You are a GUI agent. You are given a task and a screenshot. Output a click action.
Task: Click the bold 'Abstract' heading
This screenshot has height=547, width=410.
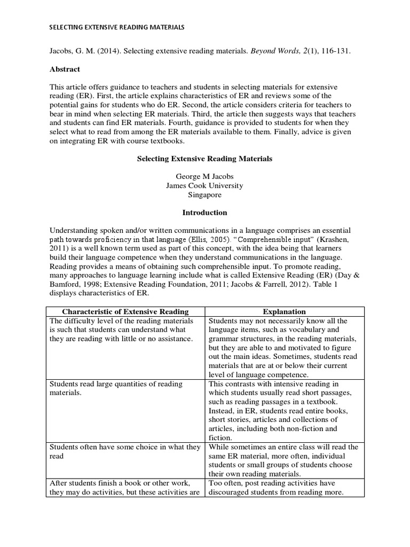pyautogui.click(x=65, y=69)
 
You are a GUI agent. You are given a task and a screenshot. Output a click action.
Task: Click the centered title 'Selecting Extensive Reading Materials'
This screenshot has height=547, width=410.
pyautogui.click(x=205, y=159)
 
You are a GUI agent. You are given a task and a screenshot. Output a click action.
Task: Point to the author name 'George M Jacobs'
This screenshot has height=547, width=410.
pyautogui.click(x=205, y=176)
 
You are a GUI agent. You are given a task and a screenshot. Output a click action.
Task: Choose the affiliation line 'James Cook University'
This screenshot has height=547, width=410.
pyautogui.click(x=205, y=186)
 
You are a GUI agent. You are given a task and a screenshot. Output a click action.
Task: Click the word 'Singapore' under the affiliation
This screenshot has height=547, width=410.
pyautogui.click(x=205, y=195)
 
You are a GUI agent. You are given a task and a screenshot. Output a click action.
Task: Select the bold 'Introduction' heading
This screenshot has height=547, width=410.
pyautogui.click(x=205, y=213)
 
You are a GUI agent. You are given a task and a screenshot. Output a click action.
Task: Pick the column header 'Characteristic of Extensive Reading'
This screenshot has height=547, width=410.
pyautogui.click(x=125, y=311)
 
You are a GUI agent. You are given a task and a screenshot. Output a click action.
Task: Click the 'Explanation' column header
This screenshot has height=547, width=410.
pyautogui.click(x=284, y=311)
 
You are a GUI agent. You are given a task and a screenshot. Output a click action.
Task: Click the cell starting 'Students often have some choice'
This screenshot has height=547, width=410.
pyautogui.click(x=123, y=452)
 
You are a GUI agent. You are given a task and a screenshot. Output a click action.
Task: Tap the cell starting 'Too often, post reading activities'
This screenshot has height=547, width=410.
pyautogui.click(x=283, y=488)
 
